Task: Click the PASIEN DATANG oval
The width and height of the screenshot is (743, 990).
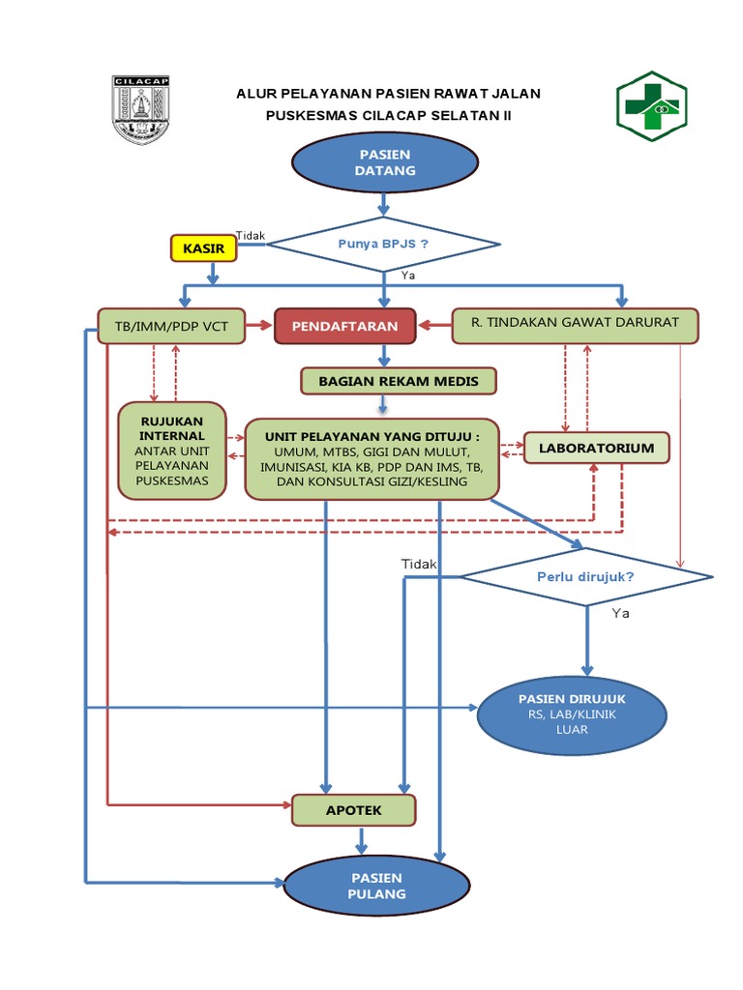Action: pyautogui.click(x=385, y=162)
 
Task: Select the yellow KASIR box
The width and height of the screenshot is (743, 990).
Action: pyautogui.click(x=203, y=248)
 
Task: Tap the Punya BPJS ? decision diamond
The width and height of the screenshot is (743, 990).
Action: pyautogui.click(x=383, y=244)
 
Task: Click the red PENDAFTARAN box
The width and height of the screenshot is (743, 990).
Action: pyautogui.click(x=344, y=326)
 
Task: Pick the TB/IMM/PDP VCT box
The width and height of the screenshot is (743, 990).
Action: pyautogui.click(x=171, y=326)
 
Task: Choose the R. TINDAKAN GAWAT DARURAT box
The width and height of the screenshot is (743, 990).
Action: pyautogui.click(x=575, y=323)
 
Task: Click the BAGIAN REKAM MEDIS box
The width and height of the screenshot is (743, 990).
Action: pyautogui.click(x=399, y=381)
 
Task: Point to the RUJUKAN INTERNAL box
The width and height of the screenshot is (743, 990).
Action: pyautogui.click(x=172, y=451)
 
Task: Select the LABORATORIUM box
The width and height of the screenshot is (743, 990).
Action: pyautogui.click(x=596, y=448)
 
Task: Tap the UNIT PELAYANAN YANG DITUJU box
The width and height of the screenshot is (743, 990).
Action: pyautogui.click(x=371, y=458)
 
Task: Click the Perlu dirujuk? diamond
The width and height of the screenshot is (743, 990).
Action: pyautogui.click(x=585, y=578)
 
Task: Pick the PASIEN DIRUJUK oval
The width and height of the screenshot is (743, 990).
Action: pyautogui.click(x=572, y=713)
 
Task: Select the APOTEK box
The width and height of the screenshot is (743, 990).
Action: pyautogui.click(x=354, y=810)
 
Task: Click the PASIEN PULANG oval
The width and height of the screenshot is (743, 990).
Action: pyautogui.click(x=376, y=886)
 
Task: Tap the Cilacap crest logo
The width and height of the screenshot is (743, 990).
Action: pyautogui.click(x=142, y=108)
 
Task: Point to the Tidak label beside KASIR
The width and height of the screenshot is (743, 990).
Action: pyautogui.click(x=251, y=236)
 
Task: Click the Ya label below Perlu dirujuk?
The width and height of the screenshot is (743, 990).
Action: pyautogui.click(x=621, y=613)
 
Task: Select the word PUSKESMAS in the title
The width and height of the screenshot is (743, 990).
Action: pyautogui.click(x=309, y=115)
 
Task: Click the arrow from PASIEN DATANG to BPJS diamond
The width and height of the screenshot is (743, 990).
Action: pyautogui.click(x=385, y=204)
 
